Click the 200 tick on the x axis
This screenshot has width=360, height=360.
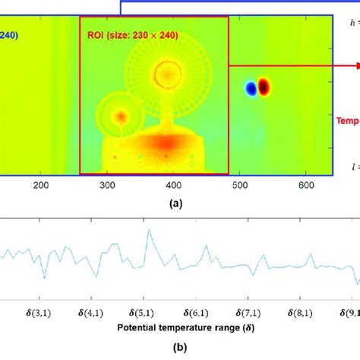tap(42, 184)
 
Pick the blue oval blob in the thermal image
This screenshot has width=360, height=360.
tap(251, 89)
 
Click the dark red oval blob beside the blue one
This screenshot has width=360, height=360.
tap(264, 87)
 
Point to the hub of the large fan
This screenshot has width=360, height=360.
tap(163, 74)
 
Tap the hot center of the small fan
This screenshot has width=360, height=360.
tap(120, 117)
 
